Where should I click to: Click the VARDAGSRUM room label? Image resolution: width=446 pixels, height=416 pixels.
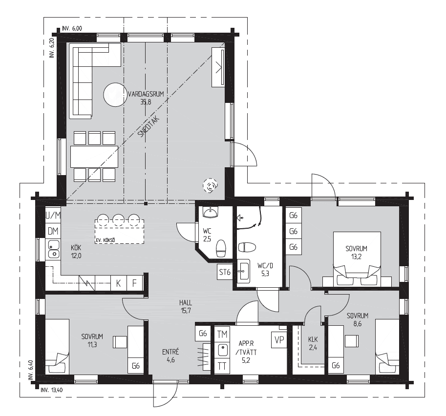click(x=146, y=94)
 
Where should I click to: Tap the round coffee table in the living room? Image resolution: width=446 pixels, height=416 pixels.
click(x=115, y=95)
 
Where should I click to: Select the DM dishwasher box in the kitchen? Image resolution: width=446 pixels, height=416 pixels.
click(x=53, y=231)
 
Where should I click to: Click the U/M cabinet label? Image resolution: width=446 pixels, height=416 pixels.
click(x=53, y=216)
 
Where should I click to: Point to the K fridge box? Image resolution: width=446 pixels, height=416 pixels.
click(x=119, y=283)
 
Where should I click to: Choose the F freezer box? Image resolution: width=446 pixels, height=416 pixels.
click(x=134, y=283)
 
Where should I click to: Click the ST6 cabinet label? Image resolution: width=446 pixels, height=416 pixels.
click(x=225, y=272)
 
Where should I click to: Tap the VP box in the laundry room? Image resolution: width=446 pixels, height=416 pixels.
click(x=279, y=339)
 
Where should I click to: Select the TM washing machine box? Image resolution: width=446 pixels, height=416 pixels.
click(x=222, y=334)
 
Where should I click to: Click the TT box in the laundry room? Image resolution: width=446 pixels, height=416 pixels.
click(x=222, y=366)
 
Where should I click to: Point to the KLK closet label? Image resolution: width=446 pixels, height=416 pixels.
click(x=313, y=339)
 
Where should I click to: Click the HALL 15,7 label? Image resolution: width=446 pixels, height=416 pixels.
click(x=186, y=306)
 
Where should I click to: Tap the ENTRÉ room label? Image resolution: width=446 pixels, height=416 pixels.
click(x=170, y=352)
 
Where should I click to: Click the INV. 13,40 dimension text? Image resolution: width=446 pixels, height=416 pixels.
click(x=51, y=390)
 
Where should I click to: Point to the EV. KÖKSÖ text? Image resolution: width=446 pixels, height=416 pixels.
click(x=105, y=240)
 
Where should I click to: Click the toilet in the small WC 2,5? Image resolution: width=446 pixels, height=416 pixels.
click(x=221, y=248)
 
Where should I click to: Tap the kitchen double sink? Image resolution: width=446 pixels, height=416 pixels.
click(x=53, y=249)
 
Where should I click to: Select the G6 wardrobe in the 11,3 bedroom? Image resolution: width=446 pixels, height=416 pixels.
click(x=136, y=366)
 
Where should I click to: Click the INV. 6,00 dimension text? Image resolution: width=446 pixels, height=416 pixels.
click(x=72, y=28)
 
